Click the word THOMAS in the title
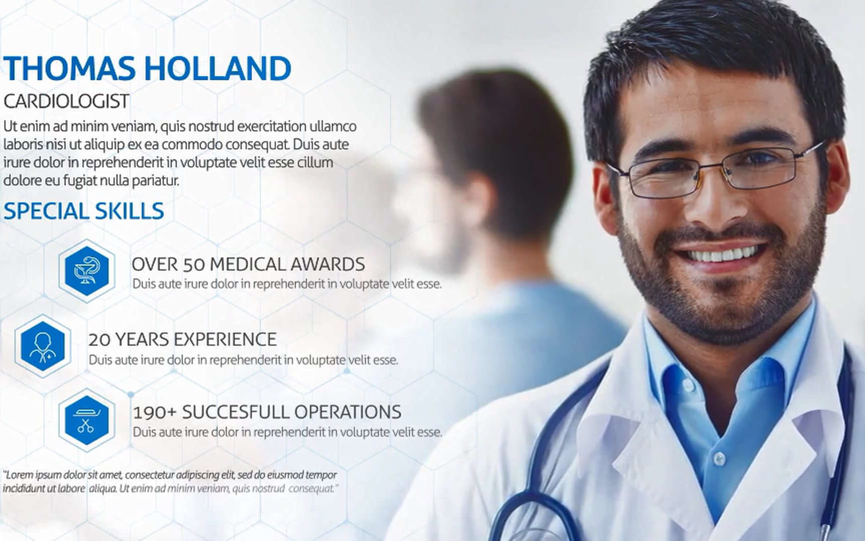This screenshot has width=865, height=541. coord(70,69)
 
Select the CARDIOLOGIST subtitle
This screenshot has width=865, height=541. coord(67,101)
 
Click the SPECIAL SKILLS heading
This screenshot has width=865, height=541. coord(84,211)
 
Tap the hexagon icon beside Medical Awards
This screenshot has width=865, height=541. coord(87,271)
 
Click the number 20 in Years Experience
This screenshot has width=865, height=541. coord(100,340)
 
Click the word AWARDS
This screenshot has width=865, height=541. coord(327,264)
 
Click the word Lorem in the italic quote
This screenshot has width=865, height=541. coord(19,475)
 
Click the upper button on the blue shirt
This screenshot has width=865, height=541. coord(689,386)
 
